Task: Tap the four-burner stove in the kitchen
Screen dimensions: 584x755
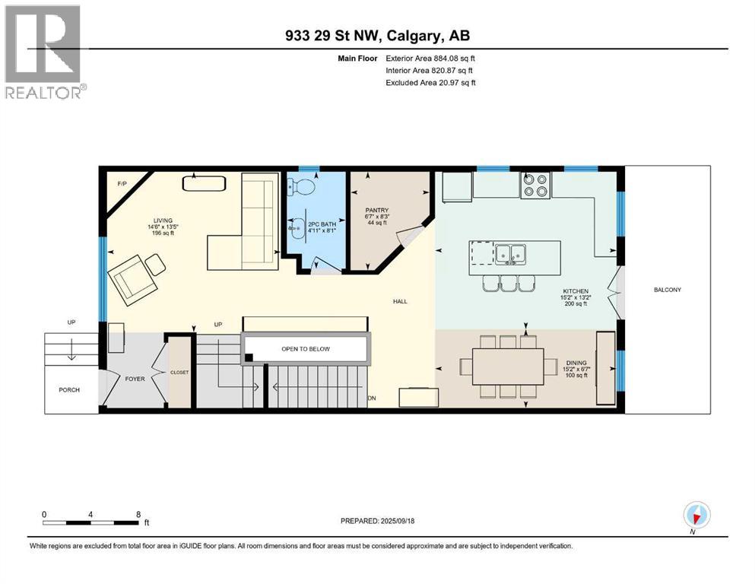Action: point(535,186)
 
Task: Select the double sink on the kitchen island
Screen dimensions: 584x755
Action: point(509,253)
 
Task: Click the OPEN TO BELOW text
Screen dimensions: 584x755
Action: point(306,349)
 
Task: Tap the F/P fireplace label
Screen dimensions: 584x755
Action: point(122,184)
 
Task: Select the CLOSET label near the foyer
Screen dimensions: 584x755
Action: point(179,372)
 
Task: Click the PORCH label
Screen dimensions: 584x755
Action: point(69,390)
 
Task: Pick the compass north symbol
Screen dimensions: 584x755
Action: point(696,515)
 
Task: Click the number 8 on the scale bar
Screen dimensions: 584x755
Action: point(138,513)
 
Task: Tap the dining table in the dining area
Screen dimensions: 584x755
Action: point(507,367)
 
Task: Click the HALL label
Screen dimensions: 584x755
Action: point(400,301)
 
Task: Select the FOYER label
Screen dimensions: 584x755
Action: point(134,378)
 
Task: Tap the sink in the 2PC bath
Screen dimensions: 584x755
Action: point(295,226)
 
